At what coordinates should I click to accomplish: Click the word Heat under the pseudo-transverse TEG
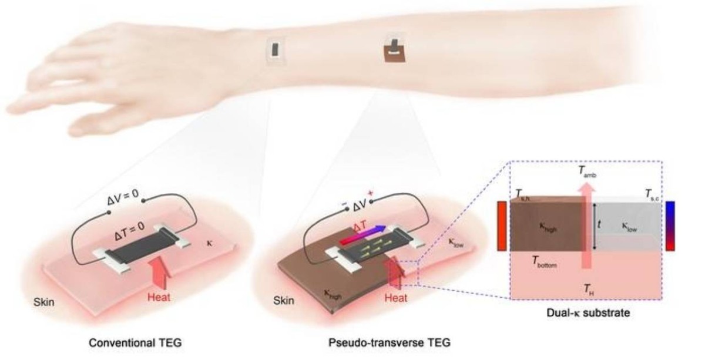(x=395, y=298)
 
